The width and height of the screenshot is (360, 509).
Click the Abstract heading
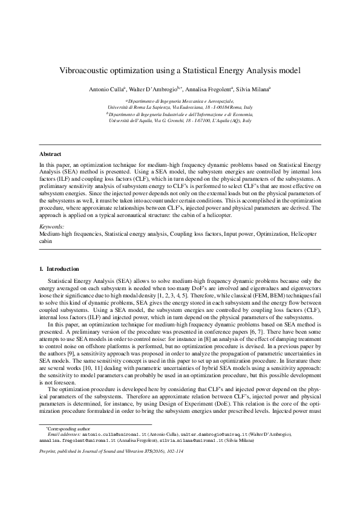(50, 154)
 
